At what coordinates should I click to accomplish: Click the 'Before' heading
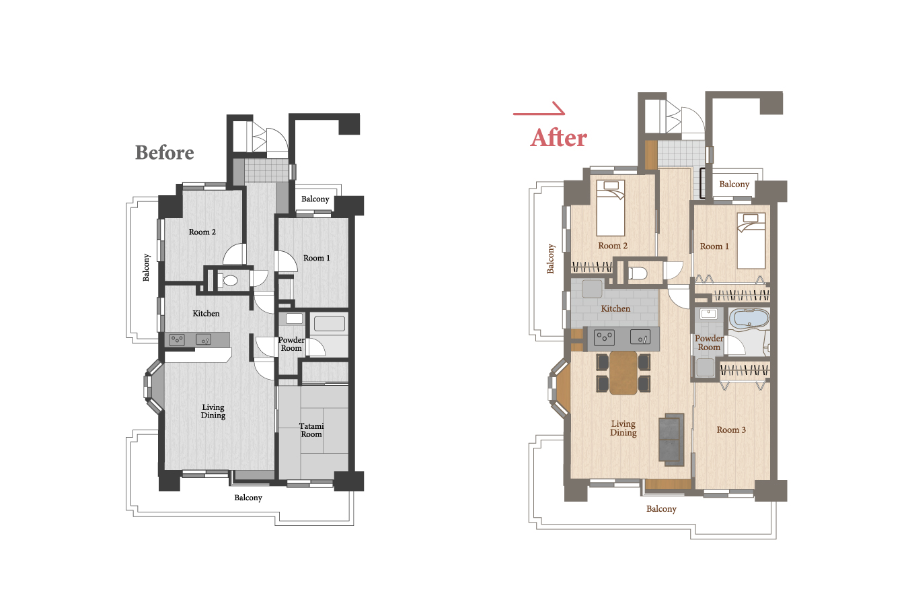tap(165, 153)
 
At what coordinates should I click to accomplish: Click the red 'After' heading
tap(558, 137)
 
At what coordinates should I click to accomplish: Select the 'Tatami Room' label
tap(311, 430)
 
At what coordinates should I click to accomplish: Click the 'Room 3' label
tap(731, 430)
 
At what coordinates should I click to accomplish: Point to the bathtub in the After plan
tap(749, 318)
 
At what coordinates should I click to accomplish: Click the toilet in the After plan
tap(637, 273)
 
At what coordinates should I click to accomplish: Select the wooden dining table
tap(623, 373)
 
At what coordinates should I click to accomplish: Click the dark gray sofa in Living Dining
tap(671, 440)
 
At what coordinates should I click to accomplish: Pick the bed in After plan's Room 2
tap(611, 208)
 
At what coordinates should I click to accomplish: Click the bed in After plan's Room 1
tap(751, 240)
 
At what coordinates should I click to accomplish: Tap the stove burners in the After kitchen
tap(604, 337)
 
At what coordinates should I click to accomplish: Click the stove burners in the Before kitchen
tap(177, 339)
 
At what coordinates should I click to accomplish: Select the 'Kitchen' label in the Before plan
tap(206, 313)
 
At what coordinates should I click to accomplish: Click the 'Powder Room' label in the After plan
tap(709, 343)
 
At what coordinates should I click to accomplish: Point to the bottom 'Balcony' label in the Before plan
tap(248, 498)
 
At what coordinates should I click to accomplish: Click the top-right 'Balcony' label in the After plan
tap(734, 184)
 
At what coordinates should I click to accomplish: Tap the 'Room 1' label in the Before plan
tap(317, 258)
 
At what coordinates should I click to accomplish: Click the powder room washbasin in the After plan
tap(708, 314)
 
